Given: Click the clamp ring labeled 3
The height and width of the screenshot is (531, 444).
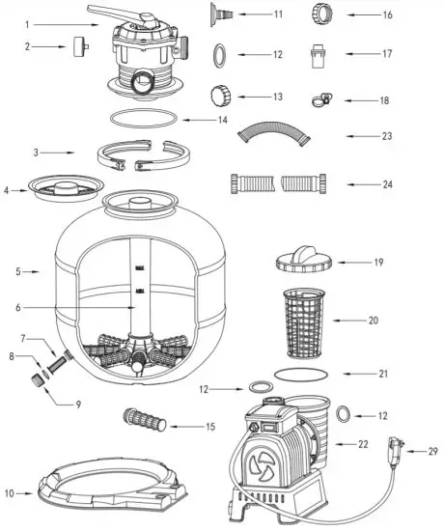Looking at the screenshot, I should click(145, 155).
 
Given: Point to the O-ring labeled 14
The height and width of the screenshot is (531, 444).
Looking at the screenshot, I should click(145, 120).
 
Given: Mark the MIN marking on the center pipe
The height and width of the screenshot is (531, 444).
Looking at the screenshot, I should click(141, 287).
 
